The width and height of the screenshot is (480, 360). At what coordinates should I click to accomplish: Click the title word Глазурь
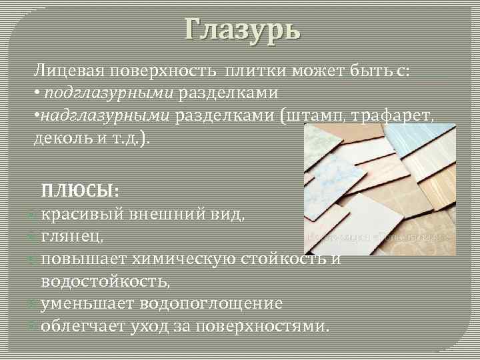tap(243, 29)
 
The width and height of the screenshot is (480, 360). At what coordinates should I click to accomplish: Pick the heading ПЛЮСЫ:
tap(81, 191)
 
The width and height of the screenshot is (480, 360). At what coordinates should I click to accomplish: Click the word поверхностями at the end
tap(265, 326)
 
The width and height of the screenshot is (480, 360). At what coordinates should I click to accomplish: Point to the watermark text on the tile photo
tap(377, 237)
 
